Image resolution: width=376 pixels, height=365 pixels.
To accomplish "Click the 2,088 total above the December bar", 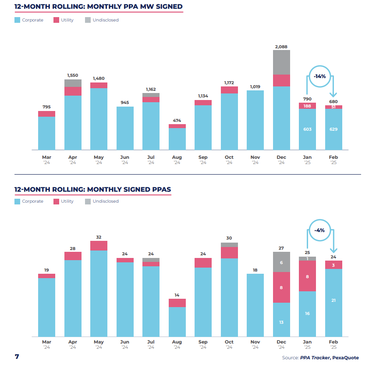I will click(281, 47).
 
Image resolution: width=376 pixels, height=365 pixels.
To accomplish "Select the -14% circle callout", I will click(319, 76).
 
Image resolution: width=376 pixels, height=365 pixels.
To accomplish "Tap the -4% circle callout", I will click(319, 230).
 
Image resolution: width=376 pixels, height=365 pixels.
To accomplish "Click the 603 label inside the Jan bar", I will click(308, 129).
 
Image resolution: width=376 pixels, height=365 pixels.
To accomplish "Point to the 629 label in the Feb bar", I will click(333, 129).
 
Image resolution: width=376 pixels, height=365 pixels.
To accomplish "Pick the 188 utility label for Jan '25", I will click(308, 106).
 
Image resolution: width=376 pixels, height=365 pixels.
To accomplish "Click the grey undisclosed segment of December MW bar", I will click(281, 62).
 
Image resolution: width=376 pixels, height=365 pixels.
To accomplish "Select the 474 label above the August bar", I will click(177, 121).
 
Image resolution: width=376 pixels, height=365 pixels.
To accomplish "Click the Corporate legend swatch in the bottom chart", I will click(18, 201).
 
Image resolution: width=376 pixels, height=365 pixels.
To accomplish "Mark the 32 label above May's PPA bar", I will click(99, 237).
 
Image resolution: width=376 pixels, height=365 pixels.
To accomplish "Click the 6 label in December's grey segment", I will click(281, 262).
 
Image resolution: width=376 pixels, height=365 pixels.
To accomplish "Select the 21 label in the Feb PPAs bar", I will click(333, 300).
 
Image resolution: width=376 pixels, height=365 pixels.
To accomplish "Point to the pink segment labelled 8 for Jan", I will click(308, 276).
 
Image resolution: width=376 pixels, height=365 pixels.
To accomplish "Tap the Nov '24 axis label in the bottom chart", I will click(255, 344).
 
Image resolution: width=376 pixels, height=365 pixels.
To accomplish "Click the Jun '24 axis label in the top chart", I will click(125, 160).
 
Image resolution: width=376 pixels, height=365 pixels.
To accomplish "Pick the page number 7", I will click(17, 356).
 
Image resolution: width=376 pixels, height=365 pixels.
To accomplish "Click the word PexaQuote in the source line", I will click(346, 358).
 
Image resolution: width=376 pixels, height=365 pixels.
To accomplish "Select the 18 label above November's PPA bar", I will click(255, 270).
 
